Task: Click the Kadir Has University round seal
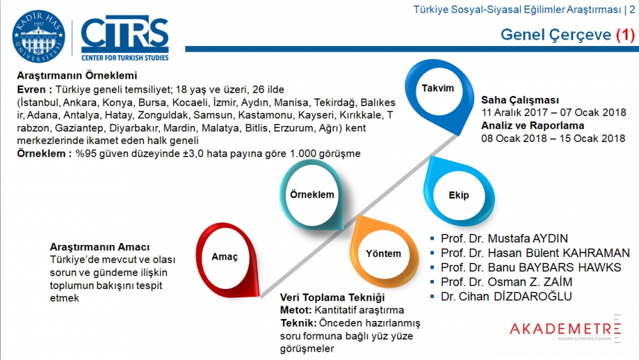click(38, 36)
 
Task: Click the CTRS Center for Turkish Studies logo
click(125, 38)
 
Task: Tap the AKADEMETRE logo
click(566, 329)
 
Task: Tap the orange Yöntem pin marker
click(383, 253)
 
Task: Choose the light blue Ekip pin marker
click(459, 195)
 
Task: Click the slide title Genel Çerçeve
click(555, 35)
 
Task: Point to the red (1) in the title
click(626, 35)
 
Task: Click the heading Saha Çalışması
click(520, 100)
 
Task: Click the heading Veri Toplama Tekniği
click(332, 298)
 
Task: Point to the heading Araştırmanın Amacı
click(100, 247)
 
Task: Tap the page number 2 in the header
click(632, 9)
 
